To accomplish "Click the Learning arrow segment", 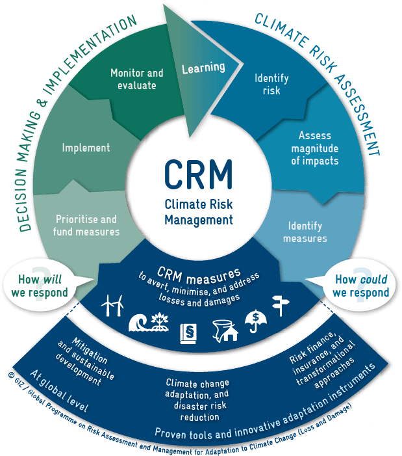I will click(202, 68).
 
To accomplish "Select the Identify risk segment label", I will click(271, 85).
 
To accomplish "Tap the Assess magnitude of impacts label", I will click(315, 148).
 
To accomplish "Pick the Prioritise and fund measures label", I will click(86, 225).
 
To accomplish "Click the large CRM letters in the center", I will click(198, 172).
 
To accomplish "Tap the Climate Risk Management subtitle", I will click(198, 211).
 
